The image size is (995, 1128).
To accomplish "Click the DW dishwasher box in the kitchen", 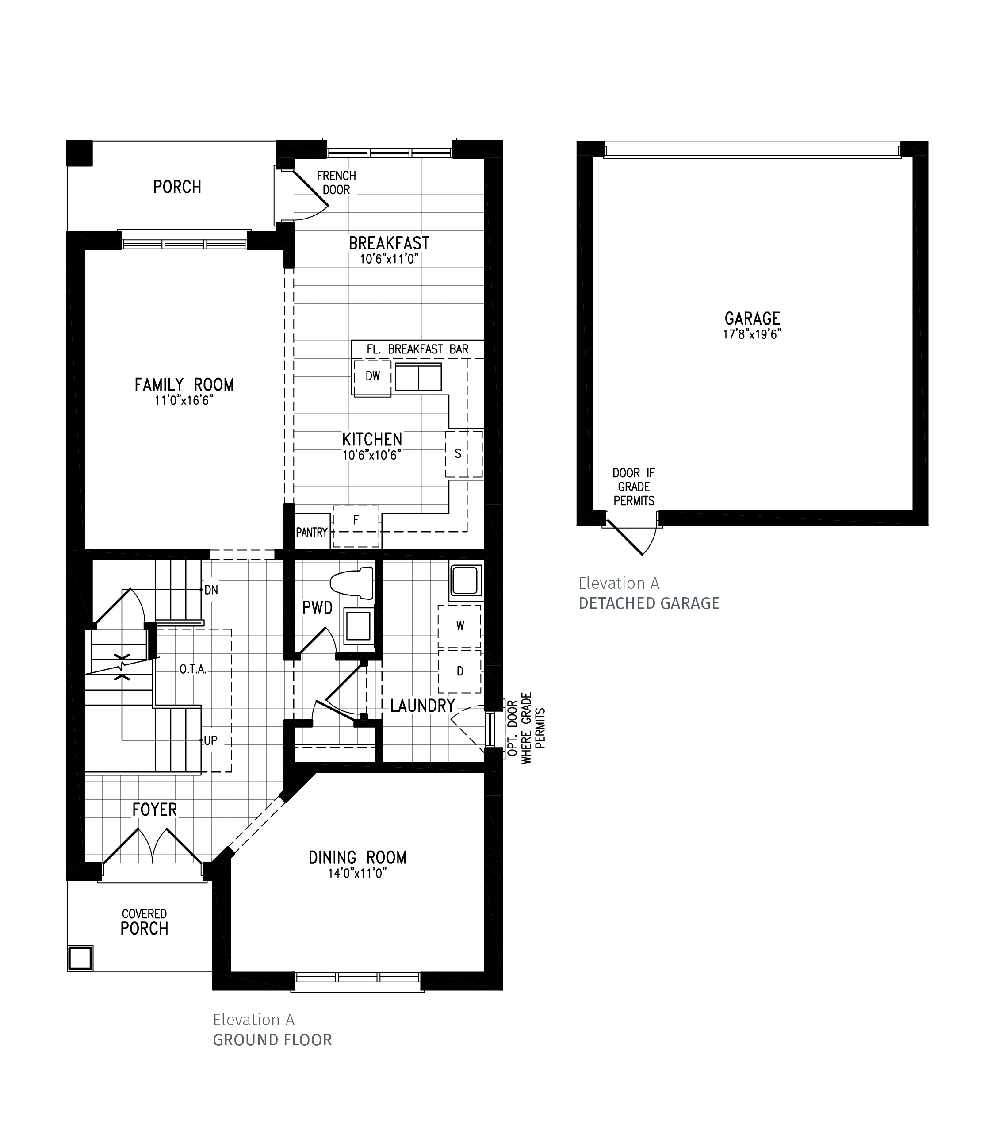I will pos(372,377).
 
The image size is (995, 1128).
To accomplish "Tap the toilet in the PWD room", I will pos(353,583).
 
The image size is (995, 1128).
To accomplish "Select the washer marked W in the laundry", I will pos(459,626).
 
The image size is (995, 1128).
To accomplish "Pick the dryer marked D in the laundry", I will pos(459,671).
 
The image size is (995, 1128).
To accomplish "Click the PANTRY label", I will pos(312,532).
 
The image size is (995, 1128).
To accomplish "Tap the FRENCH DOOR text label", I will pos(336,183).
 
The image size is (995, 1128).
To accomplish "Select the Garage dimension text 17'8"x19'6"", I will pos(752,334).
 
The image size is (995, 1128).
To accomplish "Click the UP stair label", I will pos(210,740).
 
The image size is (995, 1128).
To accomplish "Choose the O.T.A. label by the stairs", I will pos(192,669).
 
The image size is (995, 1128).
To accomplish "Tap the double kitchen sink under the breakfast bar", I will pos(418,377).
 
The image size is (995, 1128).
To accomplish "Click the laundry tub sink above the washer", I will pos(466,580).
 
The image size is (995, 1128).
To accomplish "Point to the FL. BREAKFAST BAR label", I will pos(417,349).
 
